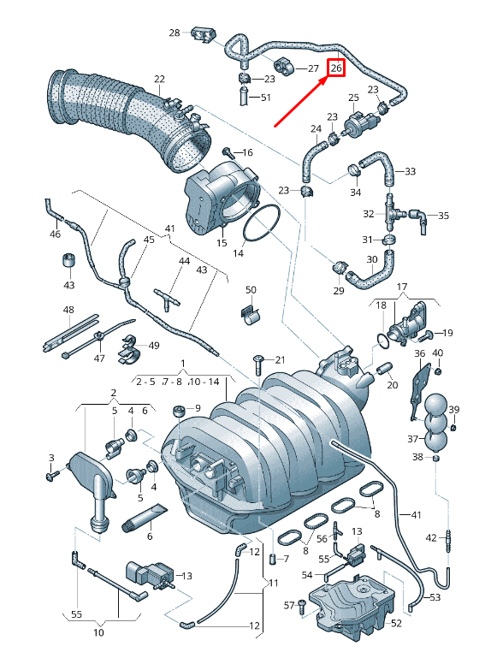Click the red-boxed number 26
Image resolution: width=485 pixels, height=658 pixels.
click(335, 67)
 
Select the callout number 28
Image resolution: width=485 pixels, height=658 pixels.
click(174, 33)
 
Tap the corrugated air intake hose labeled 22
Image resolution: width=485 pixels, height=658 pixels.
click(128, 109)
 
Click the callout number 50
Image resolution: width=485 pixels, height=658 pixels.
click(251, 290)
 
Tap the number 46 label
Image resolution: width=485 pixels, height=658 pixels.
click(56, 234)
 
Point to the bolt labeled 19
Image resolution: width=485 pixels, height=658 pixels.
click(431, 332)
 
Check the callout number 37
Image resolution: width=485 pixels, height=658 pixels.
click(413, 439)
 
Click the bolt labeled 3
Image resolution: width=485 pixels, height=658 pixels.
click(53, 473)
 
